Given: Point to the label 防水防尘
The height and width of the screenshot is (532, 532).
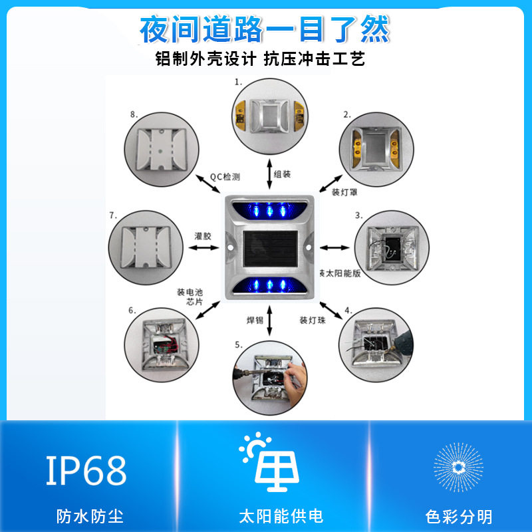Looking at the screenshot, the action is pos(90,516).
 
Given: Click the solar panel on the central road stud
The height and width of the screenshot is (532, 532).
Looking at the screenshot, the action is pos(269,246).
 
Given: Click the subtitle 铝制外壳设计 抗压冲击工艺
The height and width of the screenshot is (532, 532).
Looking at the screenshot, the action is pos(260,59).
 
